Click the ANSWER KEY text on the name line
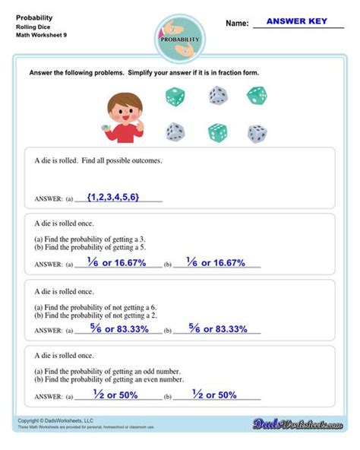click(x=300, y=21)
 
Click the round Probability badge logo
click(x=180, y=39)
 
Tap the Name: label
click(x=237, y=24)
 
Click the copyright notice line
click(x=55, y=420)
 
